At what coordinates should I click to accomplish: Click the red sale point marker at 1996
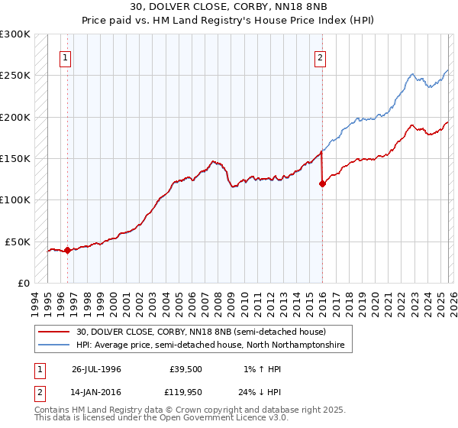click(67, 250)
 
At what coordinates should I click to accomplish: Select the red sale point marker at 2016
click(322, 183)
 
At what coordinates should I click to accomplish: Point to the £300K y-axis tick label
click(15, 34)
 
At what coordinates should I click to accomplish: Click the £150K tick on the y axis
click(15, 158)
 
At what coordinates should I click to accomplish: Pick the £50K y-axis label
click(18, 242)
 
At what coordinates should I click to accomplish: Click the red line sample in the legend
click(53, 332)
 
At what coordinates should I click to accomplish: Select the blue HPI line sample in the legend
click(53, 345)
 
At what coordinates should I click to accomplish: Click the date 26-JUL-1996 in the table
click(97, 368)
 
